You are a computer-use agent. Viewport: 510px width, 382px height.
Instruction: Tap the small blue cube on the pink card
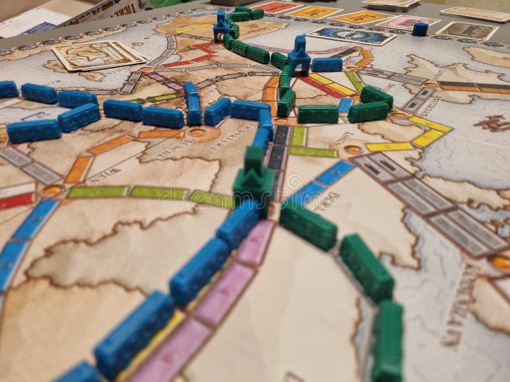420,28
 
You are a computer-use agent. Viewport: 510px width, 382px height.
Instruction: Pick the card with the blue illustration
351,34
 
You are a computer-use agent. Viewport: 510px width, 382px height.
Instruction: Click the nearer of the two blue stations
298,55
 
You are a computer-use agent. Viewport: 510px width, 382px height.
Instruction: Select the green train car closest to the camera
386,344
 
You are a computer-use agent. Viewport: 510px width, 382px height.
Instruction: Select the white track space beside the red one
16,189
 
